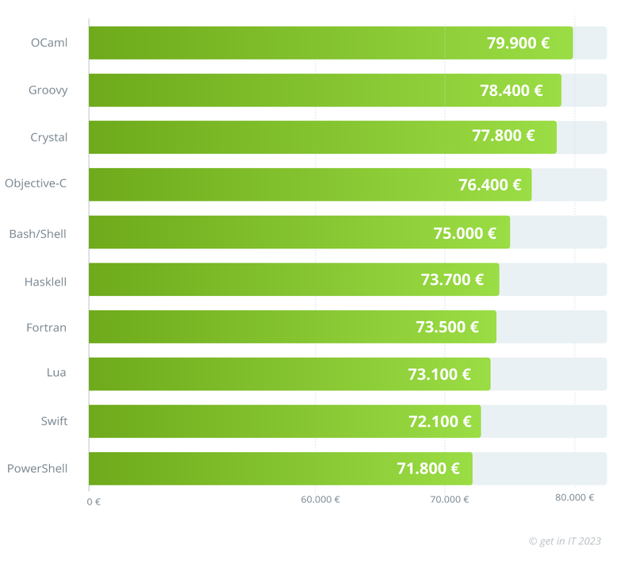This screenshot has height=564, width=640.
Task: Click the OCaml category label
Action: pyautogui.click(x=48, y=43)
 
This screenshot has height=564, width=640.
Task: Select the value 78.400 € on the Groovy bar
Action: pyautogui.click(x=511, y=90)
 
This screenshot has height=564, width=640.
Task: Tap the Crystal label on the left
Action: pyautogui.click(x=48, y=137)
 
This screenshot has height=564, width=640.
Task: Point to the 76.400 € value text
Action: pyautogui.click(x=489, y=185)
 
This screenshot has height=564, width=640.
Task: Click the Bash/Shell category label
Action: pyautogui.click(x=37, y=234)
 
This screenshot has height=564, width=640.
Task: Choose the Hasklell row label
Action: pyautogui.click(x=45, y=281)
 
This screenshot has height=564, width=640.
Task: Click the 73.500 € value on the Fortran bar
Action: pyautogui.click(x=446, y=327)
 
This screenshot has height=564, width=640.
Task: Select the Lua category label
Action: pyautogui.click(x=56, y=374)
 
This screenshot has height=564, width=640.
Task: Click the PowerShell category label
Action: pyautogui.click(x=37, y=468)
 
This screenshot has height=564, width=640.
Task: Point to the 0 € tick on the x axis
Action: pyautogui.click(x=94, y=501)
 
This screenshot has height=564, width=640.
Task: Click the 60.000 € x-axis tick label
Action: pyautogui.click(x=320, y=500)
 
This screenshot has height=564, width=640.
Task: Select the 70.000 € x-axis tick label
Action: pyautogui.click(x=450, y=500)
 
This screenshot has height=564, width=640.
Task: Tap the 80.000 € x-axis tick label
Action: pyautogui.click(x=574, y=497)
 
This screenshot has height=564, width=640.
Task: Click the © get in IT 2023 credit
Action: pyautogui.click(x=565, y=541)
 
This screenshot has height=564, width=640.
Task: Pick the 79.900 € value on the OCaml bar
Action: pyautogui.click(x=518, y=43)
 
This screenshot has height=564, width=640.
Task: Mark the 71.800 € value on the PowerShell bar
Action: pyautogui.click(x=428, y=469)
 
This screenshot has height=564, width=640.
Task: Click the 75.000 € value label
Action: pyautogui.click(x=465, y=233)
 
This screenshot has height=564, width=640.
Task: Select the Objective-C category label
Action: pyautogui.click(x=36, y=183)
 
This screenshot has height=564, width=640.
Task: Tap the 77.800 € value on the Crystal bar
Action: pyautogui.click(x=503, y=136)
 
